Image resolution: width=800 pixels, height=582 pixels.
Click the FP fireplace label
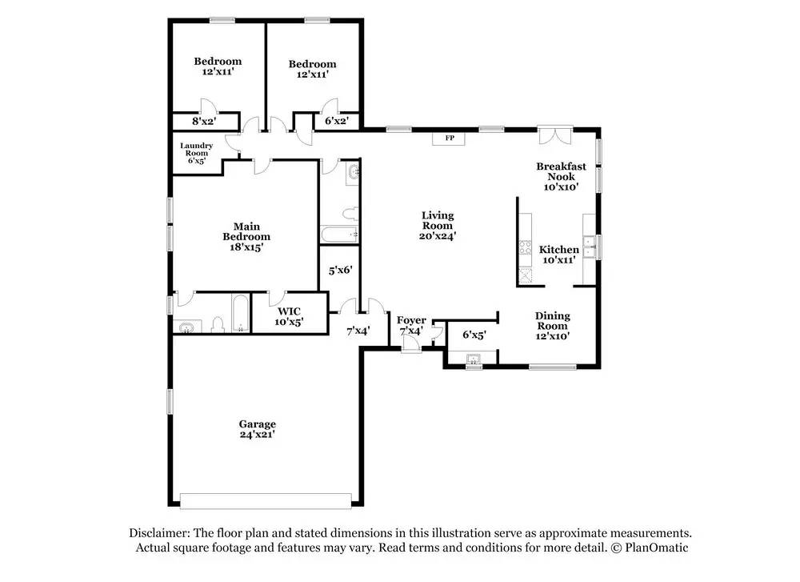450,138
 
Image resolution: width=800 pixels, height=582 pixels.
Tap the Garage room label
257,423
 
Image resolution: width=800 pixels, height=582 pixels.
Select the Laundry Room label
197,149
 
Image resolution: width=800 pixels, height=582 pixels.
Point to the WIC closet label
289,311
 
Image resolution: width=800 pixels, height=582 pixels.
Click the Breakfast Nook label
561,171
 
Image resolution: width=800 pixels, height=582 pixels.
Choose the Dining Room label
552,320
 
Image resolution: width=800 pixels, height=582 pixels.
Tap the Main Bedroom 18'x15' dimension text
246,247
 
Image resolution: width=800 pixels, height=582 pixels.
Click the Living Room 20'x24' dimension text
438,236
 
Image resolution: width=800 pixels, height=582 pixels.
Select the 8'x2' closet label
204,122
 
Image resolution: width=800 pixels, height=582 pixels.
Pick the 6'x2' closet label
337,121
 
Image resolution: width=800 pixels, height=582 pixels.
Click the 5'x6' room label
340,270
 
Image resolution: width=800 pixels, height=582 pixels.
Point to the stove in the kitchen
525,247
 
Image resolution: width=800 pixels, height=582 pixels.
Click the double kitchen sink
590,247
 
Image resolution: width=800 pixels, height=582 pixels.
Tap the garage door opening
266,501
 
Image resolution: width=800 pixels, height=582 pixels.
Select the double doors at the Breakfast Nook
554,135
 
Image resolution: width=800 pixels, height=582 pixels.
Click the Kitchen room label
559,250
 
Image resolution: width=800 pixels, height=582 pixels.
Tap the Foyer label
411,320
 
